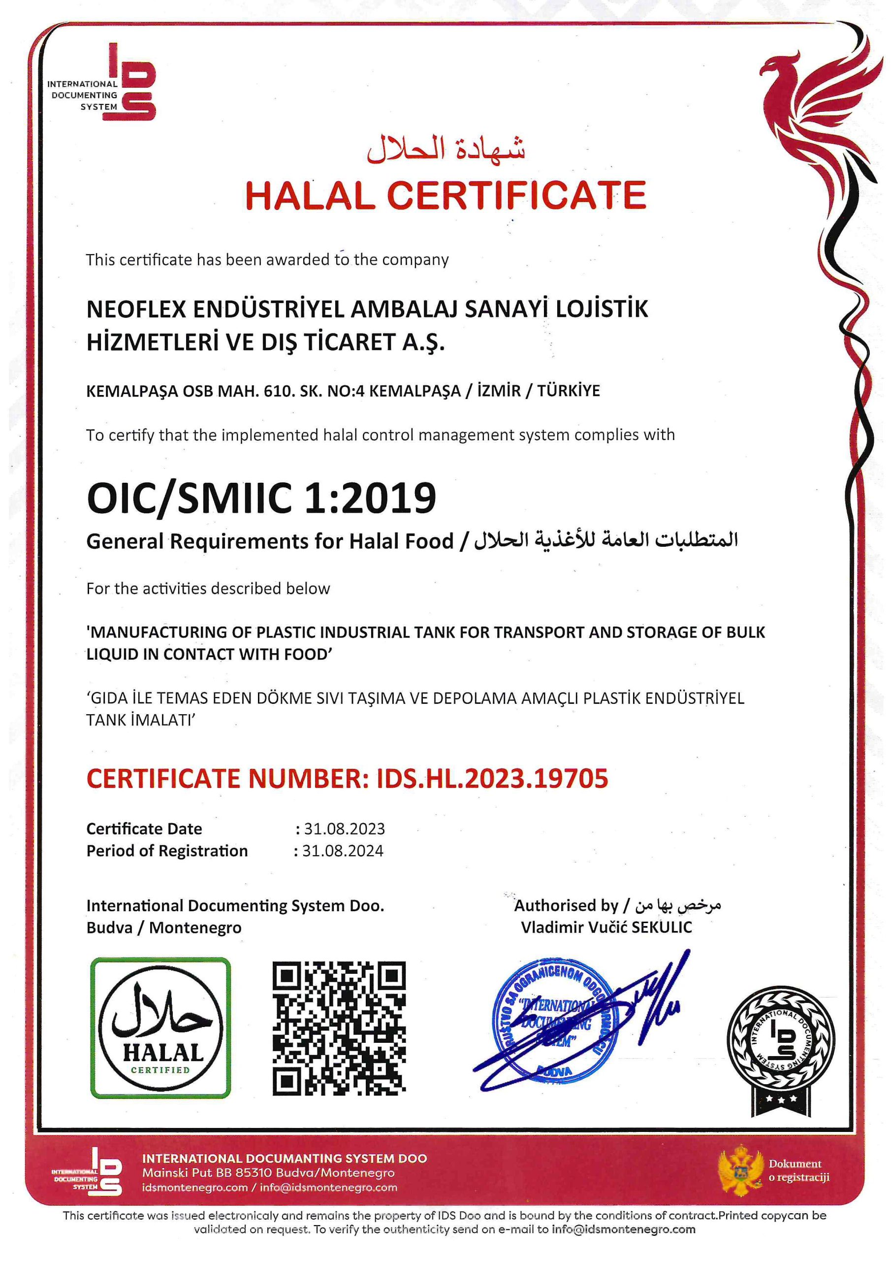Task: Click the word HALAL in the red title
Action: (310, 195)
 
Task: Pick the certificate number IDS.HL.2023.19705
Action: (492, 778)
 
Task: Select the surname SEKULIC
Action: (662, 928)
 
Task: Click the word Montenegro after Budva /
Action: (195, 928)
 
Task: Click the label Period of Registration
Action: (167, 851)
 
